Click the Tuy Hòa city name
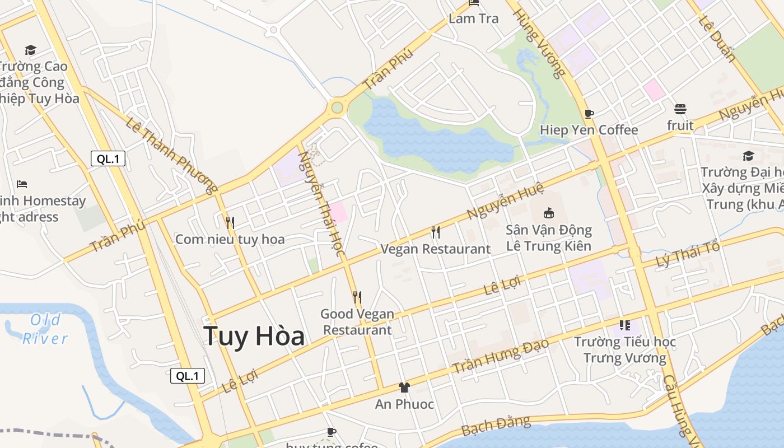254,336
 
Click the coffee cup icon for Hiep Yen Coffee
589,114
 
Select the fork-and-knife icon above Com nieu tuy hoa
230,222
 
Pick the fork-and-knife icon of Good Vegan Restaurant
357,297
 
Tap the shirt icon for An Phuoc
404,387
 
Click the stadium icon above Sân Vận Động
549,213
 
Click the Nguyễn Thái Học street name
321,204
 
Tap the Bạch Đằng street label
496,426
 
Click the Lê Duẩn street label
717,38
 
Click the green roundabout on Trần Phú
337,107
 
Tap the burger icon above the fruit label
680,109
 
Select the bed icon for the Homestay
22,184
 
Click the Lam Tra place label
474,18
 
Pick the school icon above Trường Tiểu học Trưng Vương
625,325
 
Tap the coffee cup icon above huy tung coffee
332,432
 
